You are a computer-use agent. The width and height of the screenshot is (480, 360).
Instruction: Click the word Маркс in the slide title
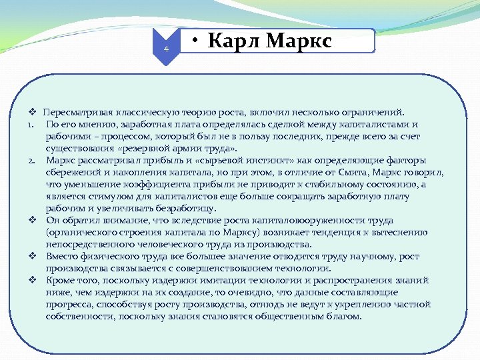(x=298, y=42)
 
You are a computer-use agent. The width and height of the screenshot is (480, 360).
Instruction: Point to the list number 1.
(x=31, y=124)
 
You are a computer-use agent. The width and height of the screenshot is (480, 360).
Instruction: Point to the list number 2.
(x=31, y=160)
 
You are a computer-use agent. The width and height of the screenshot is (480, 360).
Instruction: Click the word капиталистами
(x=380, y=124)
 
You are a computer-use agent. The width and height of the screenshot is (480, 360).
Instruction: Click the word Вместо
(x=61, y=256)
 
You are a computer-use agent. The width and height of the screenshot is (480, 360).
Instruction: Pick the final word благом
(x=346, y=316)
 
